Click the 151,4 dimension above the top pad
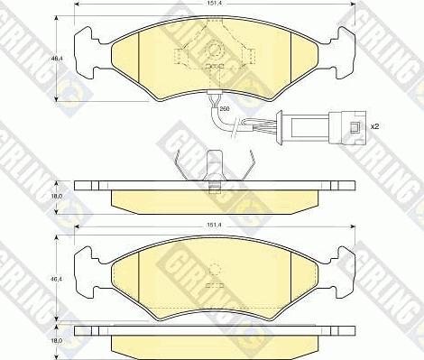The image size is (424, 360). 215,4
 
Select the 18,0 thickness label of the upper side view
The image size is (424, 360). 55,194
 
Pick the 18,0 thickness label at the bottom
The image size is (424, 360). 55,341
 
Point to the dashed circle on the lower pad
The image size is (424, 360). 215,268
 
